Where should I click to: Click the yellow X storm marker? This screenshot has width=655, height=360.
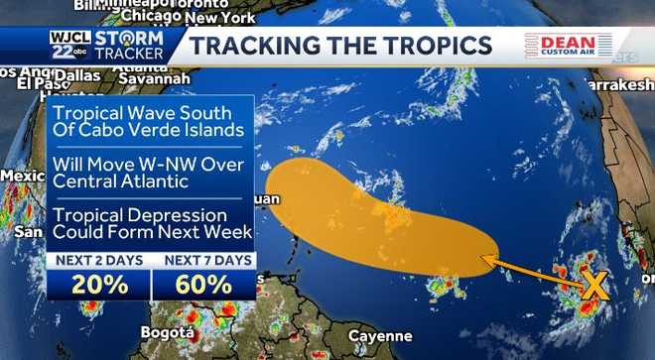(x=593, y=286)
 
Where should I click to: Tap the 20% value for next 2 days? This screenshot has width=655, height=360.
(x=99, y=285)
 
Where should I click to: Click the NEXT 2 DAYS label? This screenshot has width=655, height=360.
(x=99, y=261)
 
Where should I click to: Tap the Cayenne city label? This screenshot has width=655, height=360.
(x=379, y=336)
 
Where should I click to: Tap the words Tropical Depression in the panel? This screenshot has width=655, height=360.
(x=146, y=215)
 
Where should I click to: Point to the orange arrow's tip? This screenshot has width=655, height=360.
(x=483, y=259)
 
